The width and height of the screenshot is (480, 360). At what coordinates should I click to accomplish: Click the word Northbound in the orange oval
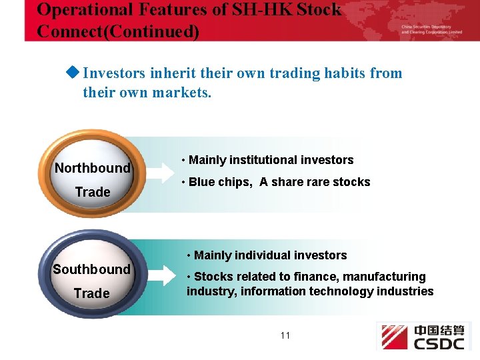click(92, 168)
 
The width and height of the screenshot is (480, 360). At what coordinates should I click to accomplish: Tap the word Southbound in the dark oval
click(91, 269)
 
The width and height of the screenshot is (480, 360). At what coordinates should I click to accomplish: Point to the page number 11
click(285, 335)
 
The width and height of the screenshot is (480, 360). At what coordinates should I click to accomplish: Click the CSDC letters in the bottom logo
click(441, 343)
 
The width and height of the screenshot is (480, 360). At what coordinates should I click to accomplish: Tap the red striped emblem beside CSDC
click(394, 337)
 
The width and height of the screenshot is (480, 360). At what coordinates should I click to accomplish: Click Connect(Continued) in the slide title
click(118, 31)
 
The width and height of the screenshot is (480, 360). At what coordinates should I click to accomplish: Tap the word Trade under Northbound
click(92, 192)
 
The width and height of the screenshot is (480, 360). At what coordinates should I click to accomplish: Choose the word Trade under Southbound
click(91, 293)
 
